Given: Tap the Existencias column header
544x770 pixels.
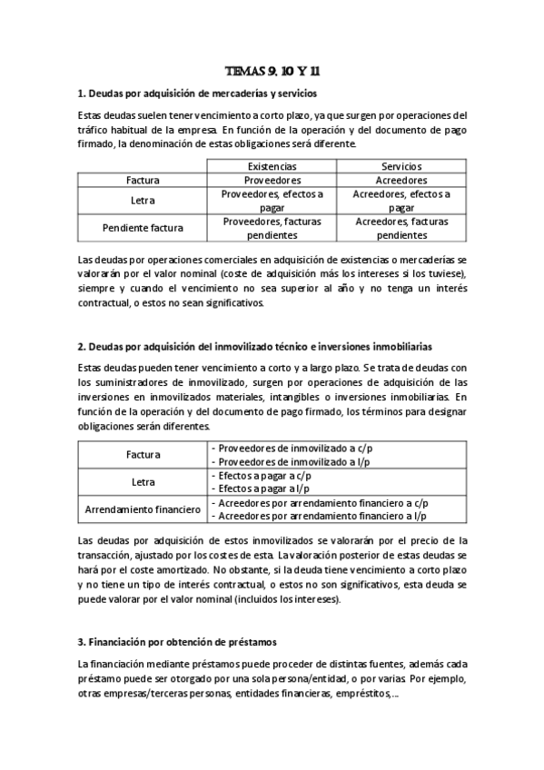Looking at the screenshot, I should click(272, 166).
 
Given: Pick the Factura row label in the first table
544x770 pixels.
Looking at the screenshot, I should click(143, 180).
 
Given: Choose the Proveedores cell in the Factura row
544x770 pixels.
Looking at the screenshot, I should click(272, 180).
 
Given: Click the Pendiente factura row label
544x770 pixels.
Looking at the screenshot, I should click(143, 228).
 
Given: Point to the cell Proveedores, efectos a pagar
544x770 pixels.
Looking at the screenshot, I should click(272, 201).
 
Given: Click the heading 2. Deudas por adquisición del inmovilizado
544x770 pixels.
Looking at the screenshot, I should click(255, 346).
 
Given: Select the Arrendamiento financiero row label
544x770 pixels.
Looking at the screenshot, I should click(143, 510).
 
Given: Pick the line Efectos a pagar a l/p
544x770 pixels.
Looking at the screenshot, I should click(263, 489).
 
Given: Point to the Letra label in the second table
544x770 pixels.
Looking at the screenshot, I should click(143, 482).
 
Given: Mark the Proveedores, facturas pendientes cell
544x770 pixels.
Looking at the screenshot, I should click(272, 228).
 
